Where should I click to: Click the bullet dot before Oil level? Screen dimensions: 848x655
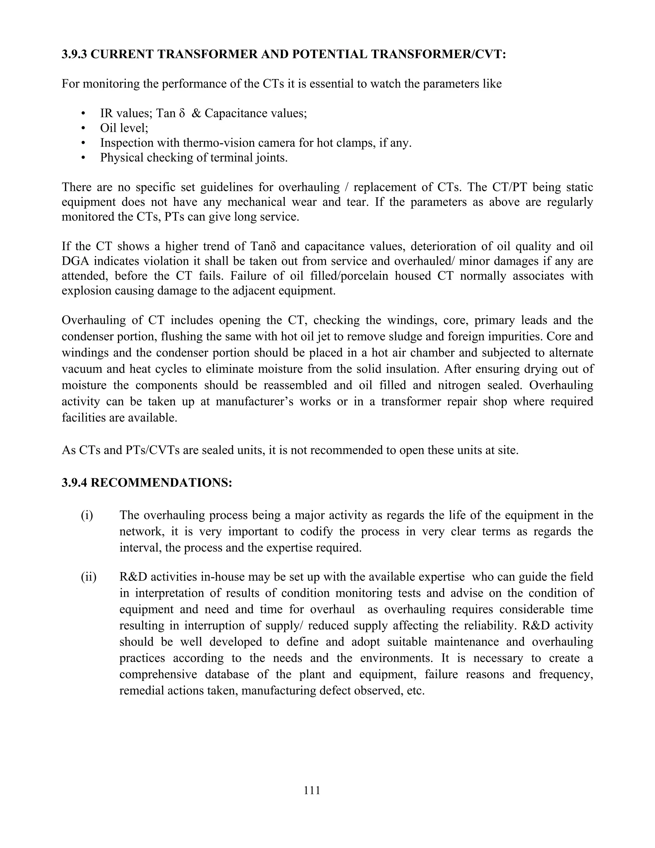point(83,128)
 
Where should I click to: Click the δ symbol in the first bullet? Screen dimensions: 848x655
point(182,113)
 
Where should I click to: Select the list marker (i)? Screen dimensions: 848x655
point(87,515)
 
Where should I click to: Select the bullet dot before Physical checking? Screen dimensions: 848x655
point(83,158)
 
